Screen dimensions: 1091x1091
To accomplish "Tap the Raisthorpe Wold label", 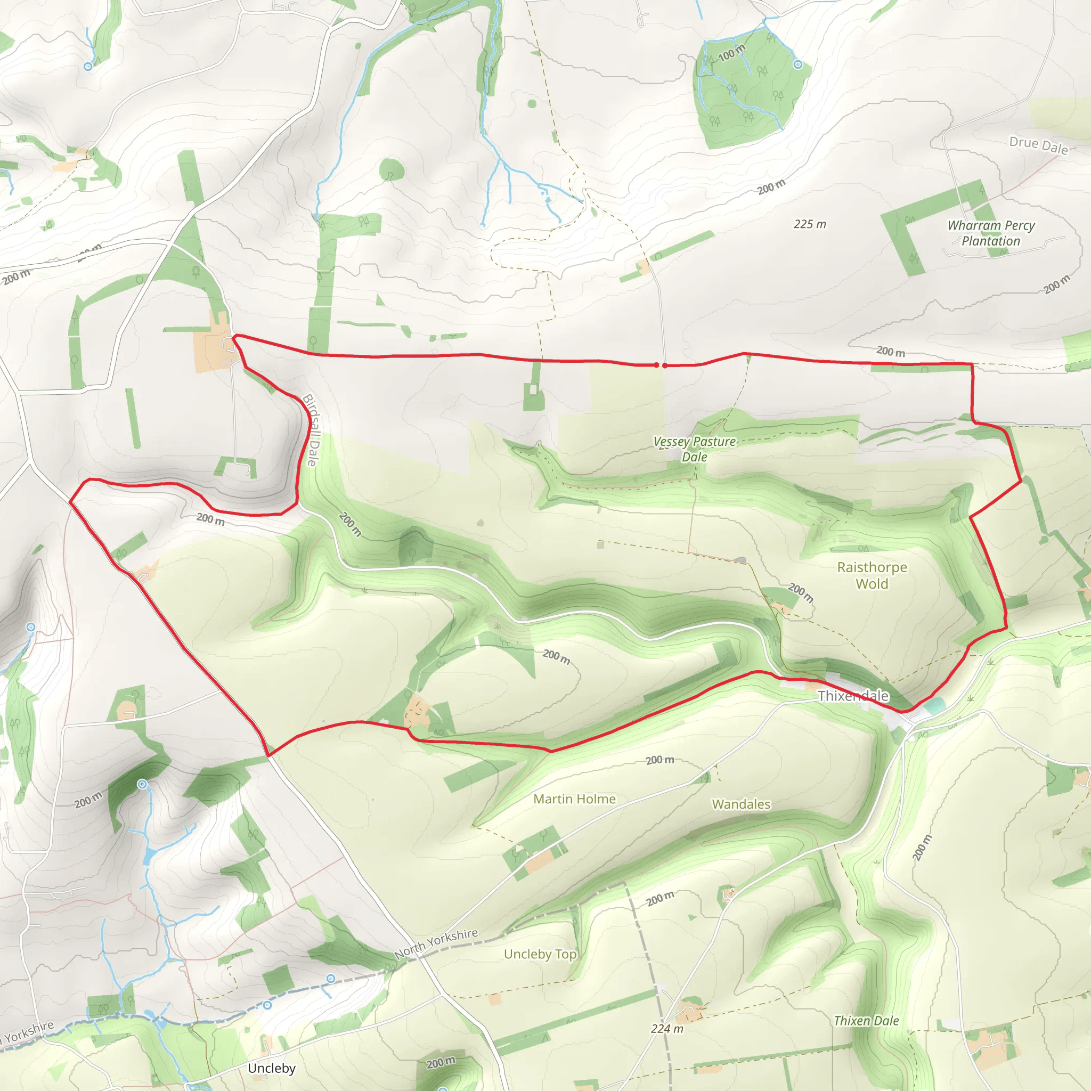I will pos(872,575).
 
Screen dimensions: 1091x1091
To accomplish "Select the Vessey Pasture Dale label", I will pos(695,449).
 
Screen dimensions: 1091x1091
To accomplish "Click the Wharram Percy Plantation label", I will pos(991,233).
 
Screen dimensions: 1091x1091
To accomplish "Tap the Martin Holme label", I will pos(574,799).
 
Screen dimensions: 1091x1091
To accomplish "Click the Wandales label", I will pos(741,804).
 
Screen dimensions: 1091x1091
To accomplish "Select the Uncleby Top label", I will pos(540,954).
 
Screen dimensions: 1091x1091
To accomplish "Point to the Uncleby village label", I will pos(272,1068).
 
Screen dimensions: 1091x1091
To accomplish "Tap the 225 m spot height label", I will pos(810,224).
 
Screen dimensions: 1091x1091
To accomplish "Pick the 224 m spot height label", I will pos(667,1028).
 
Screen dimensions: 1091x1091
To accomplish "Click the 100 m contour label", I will pos(732,53).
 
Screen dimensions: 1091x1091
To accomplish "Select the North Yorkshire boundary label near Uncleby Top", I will pos(436,943).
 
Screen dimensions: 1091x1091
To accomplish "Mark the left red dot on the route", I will pos(656,365).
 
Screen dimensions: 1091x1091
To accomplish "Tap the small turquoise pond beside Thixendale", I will pos(935,705).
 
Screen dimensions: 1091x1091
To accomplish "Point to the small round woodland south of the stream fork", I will pos(392,169).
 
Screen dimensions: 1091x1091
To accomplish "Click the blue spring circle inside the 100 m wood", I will pos(797,64).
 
